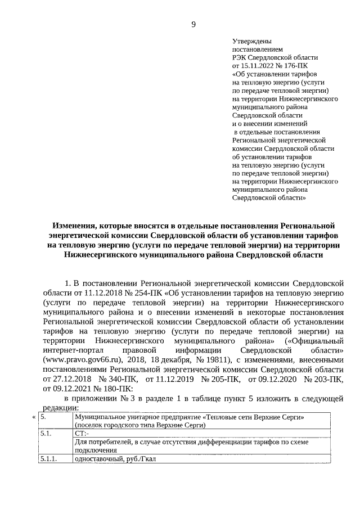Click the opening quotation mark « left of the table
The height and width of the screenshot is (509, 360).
(x=34, y=417)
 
